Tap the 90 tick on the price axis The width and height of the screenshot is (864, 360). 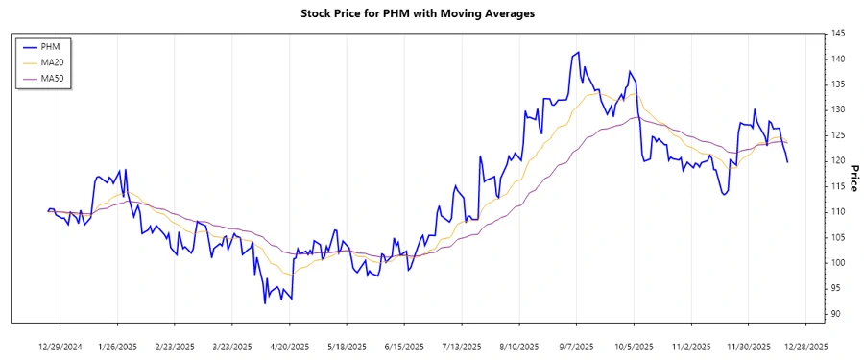click(837, 314)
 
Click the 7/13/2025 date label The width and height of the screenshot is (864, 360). click(462, 346)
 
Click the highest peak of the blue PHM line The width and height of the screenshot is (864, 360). click(578, 52)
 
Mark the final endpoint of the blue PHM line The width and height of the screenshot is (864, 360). click(788, 162)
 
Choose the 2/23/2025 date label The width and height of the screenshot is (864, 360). click(175, 346)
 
